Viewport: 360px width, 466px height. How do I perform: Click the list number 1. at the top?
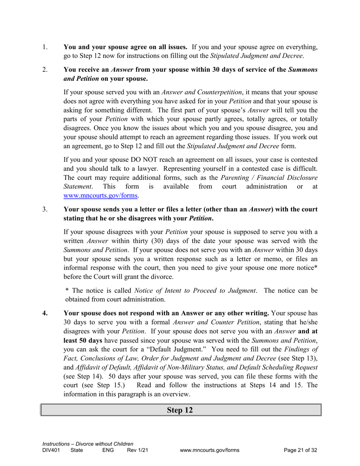tap(44, 47)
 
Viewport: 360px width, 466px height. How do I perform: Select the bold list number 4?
tap(45, 313)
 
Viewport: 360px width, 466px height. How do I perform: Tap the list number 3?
tap(44, 210)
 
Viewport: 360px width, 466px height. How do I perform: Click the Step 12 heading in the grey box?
tap(180, 410)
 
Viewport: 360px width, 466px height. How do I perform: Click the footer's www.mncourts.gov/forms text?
tap(210, 450)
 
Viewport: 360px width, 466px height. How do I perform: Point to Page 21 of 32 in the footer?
tap(300, 450)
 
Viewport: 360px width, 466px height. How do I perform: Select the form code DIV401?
tap(51, 450)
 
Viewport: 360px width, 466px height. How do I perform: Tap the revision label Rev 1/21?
tap(137, 450)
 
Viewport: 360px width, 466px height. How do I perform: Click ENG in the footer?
tap(108, 450)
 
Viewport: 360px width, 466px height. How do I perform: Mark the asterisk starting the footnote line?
tap(67, 291)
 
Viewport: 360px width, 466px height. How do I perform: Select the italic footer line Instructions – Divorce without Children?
tap(88, 444)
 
